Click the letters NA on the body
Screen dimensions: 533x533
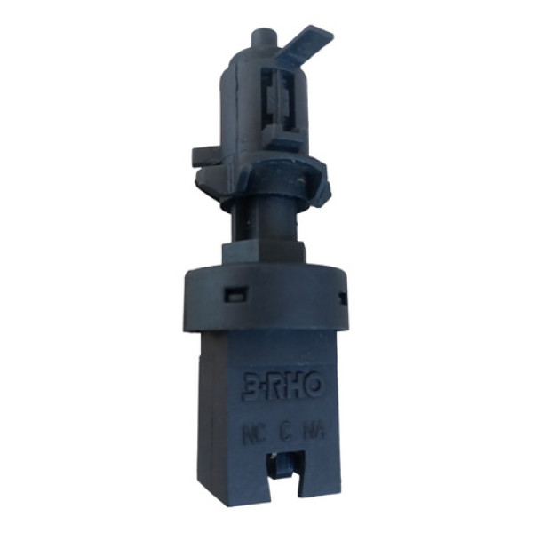click(313, 434)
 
